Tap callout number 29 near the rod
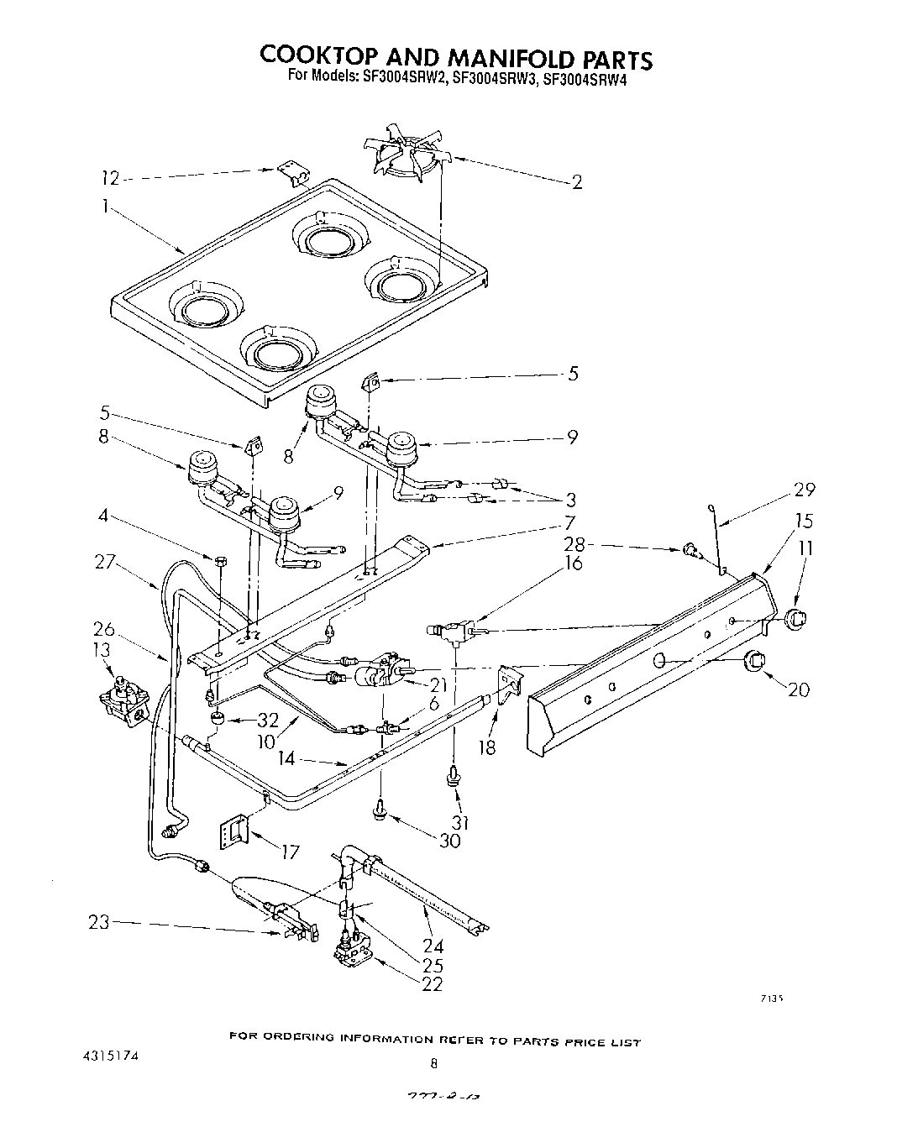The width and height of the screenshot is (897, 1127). tap(804, 490)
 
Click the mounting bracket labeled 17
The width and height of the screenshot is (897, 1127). tap(233, 831)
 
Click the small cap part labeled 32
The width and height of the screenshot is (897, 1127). tap(217, 719)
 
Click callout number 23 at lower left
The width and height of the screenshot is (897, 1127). tap(99, 923)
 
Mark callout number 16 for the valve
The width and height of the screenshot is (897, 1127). tap(574, 563)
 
